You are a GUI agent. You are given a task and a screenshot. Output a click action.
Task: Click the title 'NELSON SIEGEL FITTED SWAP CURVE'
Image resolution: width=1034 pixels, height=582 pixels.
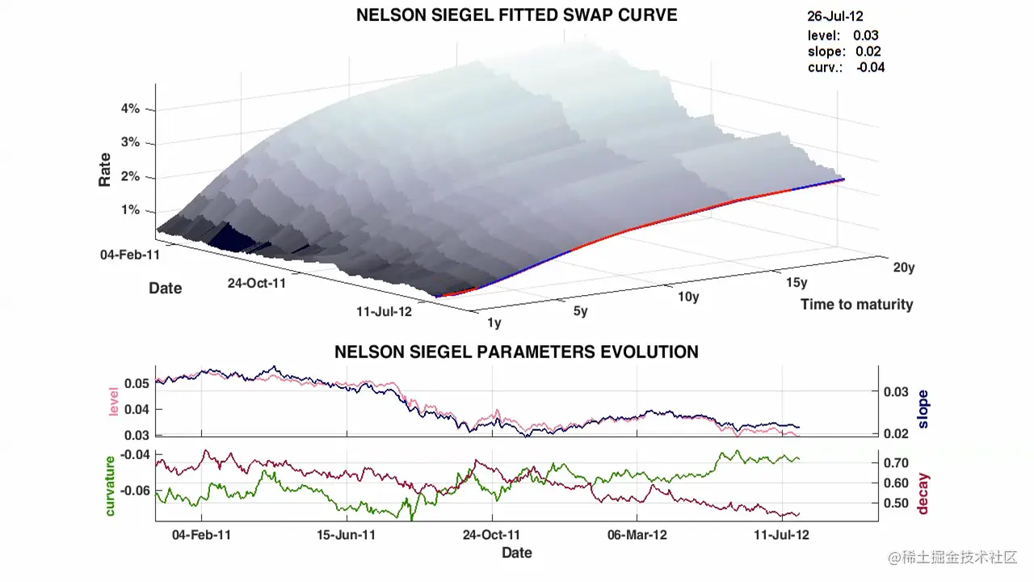[517, 15]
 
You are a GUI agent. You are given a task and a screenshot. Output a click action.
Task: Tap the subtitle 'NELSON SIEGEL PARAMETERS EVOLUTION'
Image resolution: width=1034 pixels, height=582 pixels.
[516, 352]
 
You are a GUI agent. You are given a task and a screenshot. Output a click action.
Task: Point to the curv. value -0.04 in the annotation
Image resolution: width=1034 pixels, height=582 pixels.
[870, 68]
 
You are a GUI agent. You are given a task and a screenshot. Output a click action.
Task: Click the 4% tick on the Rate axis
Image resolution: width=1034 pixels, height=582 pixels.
[130, 108]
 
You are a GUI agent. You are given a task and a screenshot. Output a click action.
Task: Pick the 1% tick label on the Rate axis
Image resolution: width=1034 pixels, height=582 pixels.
[130, 210]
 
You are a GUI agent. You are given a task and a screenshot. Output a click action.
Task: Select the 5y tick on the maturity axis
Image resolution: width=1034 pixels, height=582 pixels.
[580, 311]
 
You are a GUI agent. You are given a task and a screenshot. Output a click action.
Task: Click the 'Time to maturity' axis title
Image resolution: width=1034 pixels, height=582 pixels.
[856, 305]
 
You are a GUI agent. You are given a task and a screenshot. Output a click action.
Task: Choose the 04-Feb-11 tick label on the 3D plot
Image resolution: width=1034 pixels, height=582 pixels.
[130, 255]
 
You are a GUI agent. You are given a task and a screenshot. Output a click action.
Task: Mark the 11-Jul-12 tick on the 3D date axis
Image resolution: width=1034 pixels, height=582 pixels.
[383, 311]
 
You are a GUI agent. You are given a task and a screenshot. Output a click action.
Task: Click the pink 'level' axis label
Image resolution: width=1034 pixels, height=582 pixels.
[114, 403]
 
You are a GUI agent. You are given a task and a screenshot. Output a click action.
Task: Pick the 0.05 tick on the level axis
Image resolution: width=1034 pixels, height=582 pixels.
[137, 383]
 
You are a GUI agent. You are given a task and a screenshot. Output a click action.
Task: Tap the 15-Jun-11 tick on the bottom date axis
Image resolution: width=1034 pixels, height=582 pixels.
[346, 535]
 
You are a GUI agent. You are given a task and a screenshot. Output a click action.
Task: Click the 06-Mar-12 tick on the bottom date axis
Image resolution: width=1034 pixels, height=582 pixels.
[637, 535]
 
